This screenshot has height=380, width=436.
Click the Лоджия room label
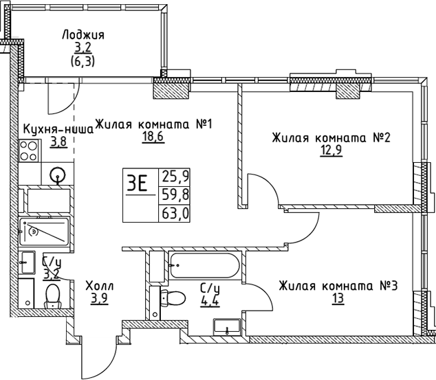[x=83, y=35]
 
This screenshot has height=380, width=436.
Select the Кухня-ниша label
[x=58, y=129]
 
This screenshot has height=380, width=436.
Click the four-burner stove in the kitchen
[x=29, y=151]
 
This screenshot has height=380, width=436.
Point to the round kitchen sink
[x=58, y=175]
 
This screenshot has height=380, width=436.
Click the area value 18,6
[x=153, y=137]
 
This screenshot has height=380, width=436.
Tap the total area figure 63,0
[x=175, y=214]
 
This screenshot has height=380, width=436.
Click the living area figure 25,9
[x=175, y=175]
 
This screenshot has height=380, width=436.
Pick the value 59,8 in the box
[x=175, y=194]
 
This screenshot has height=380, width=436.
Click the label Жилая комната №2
[x=331, y=137]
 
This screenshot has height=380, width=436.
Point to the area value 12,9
[x=331, y=151]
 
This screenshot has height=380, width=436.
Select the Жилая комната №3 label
[x=338, y=286]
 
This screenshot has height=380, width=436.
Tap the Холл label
[x=100, y=286]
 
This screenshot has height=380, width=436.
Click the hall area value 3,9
[x=100, y=299]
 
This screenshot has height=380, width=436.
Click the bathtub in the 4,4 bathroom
[x=205, y=265]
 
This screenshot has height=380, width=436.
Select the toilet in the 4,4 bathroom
[x=173, y=298]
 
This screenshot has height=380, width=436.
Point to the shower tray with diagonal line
[x=44, y=232]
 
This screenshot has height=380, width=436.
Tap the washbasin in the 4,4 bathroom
[x=227, y=326]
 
